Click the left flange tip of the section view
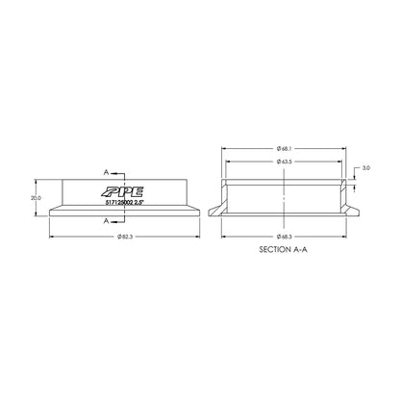tap(212, 212)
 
